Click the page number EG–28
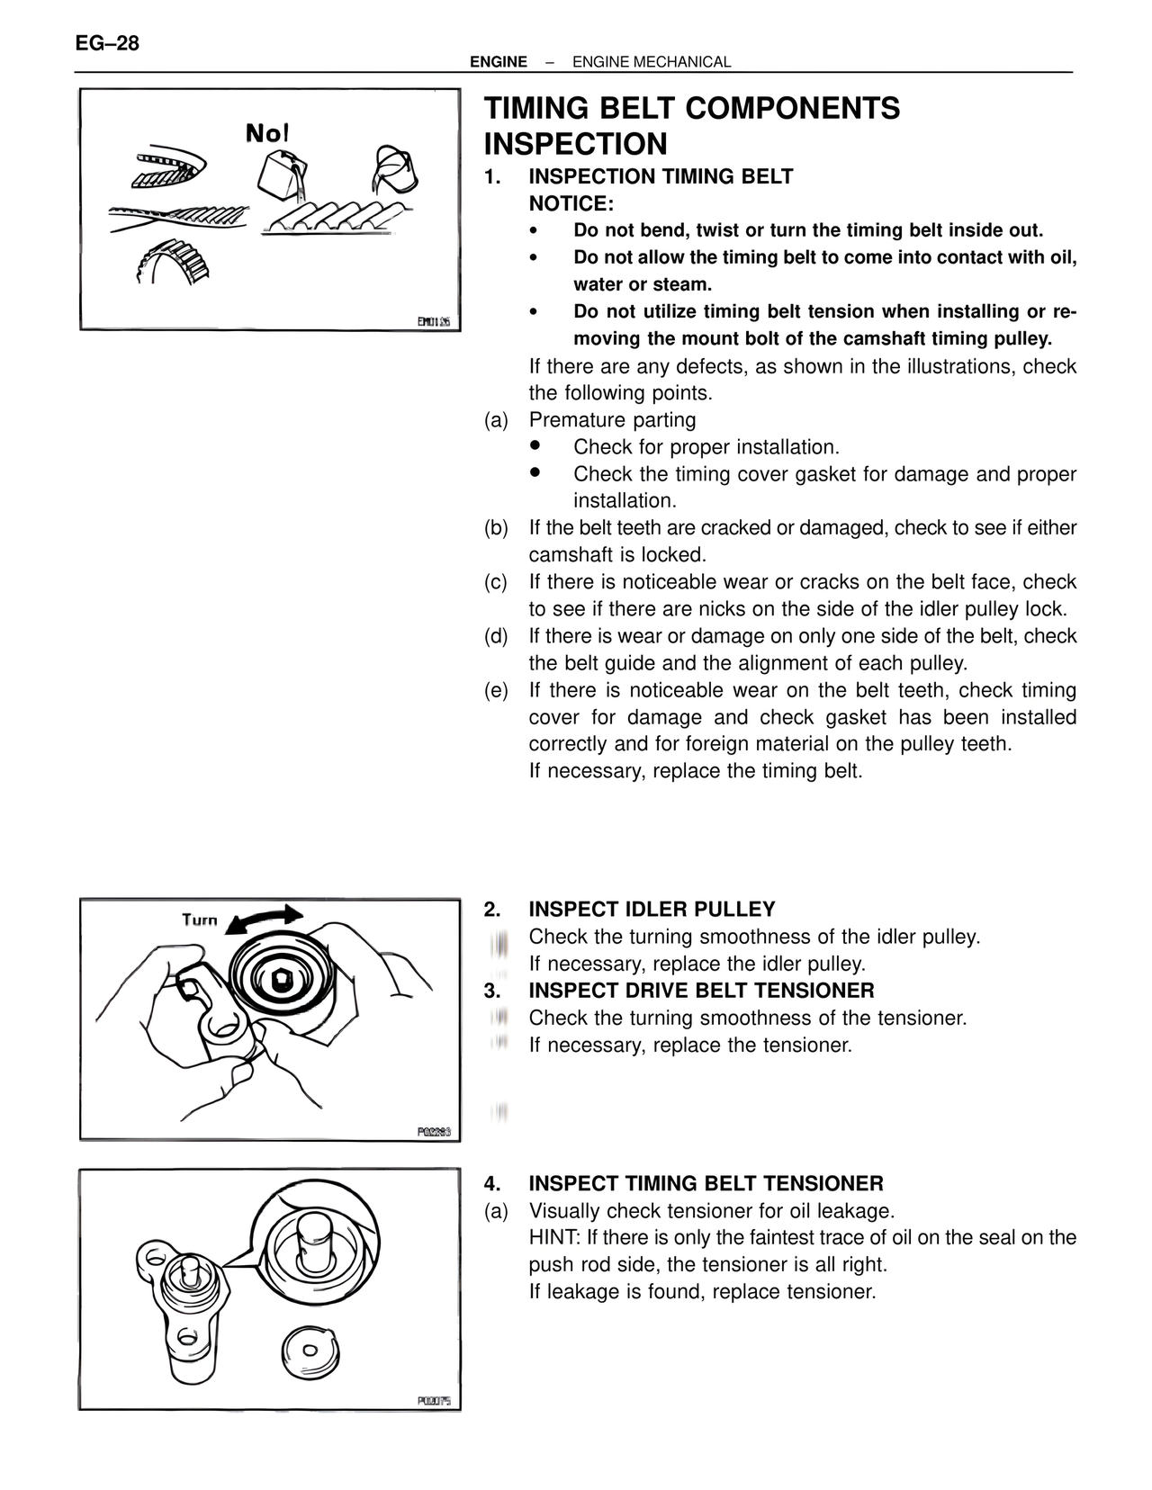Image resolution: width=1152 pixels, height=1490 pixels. pos(107,43)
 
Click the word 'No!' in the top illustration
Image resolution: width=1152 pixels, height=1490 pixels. pos(267,134)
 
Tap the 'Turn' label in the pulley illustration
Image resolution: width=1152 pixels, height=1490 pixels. pos(200,920)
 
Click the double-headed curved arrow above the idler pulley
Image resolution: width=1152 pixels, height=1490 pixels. pos(264,920)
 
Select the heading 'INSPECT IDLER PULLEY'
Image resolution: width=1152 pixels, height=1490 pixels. pos(652,909)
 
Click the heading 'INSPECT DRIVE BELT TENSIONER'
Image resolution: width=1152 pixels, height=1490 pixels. pos(701,991)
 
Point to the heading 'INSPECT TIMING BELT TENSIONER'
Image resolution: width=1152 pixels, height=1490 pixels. pos(706,1183)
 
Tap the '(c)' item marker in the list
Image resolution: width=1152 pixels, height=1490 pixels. pos(496,582)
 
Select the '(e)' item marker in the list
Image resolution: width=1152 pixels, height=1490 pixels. pos(496,690)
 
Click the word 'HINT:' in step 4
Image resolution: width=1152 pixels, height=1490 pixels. pos(555,1237)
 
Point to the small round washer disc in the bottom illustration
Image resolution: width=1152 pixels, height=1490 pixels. pos(310,1350)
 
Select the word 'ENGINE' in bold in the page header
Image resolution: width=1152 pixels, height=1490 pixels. pos(498,62)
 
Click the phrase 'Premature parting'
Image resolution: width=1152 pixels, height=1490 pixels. pos(612,420)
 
